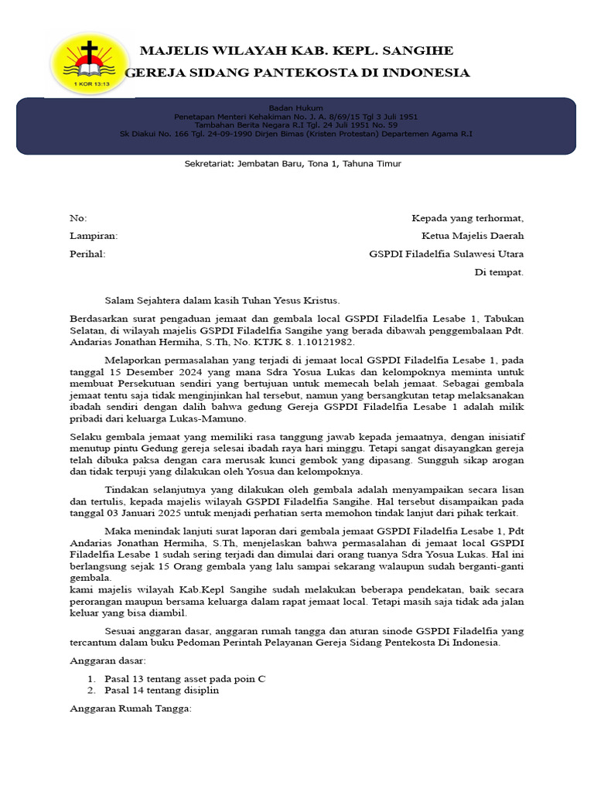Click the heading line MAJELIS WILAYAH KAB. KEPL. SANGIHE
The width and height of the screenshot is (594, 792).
(x=296, y=51)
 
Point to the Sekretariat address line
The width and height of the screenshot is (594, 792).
(x=293, y=163)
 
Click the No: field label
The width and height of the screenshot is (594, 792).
(x=79, y=218)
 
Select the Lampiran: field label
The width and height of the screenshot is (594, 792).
(x=94, y=236)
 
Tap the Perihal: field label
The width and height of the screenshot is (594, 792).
(x=87, y=254)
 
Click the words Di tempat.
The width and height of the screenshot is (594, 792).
(x=499, y=272)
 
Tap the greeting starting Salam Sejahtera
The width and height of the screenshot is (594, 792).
(x=222, y=300)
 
